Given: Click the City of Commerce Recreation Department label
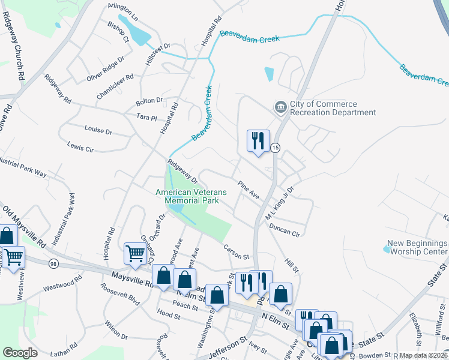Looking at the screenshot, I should [x=333, y=108].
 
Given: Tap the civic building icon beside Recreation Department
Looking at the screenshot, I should [x=280, y=108].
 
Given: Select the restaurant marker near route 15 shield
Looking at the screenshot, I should [x=258, y=142].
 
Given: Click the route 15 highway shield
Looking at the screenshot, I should [x=275, y=147].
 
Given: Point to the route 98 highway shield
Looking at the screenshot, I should [x=54, y=264].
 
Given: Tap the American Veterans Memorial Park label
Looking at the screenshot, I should [x=191, y=196].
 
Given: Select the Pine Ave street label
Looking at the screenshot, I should [x=248, y=191].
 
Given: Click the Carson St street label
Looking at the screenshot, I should [x=235, y=252].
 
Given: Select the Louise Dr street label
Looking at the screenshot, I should [x=98, y=130].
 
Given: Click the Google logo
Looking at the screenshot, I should [x=20, y=353].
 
